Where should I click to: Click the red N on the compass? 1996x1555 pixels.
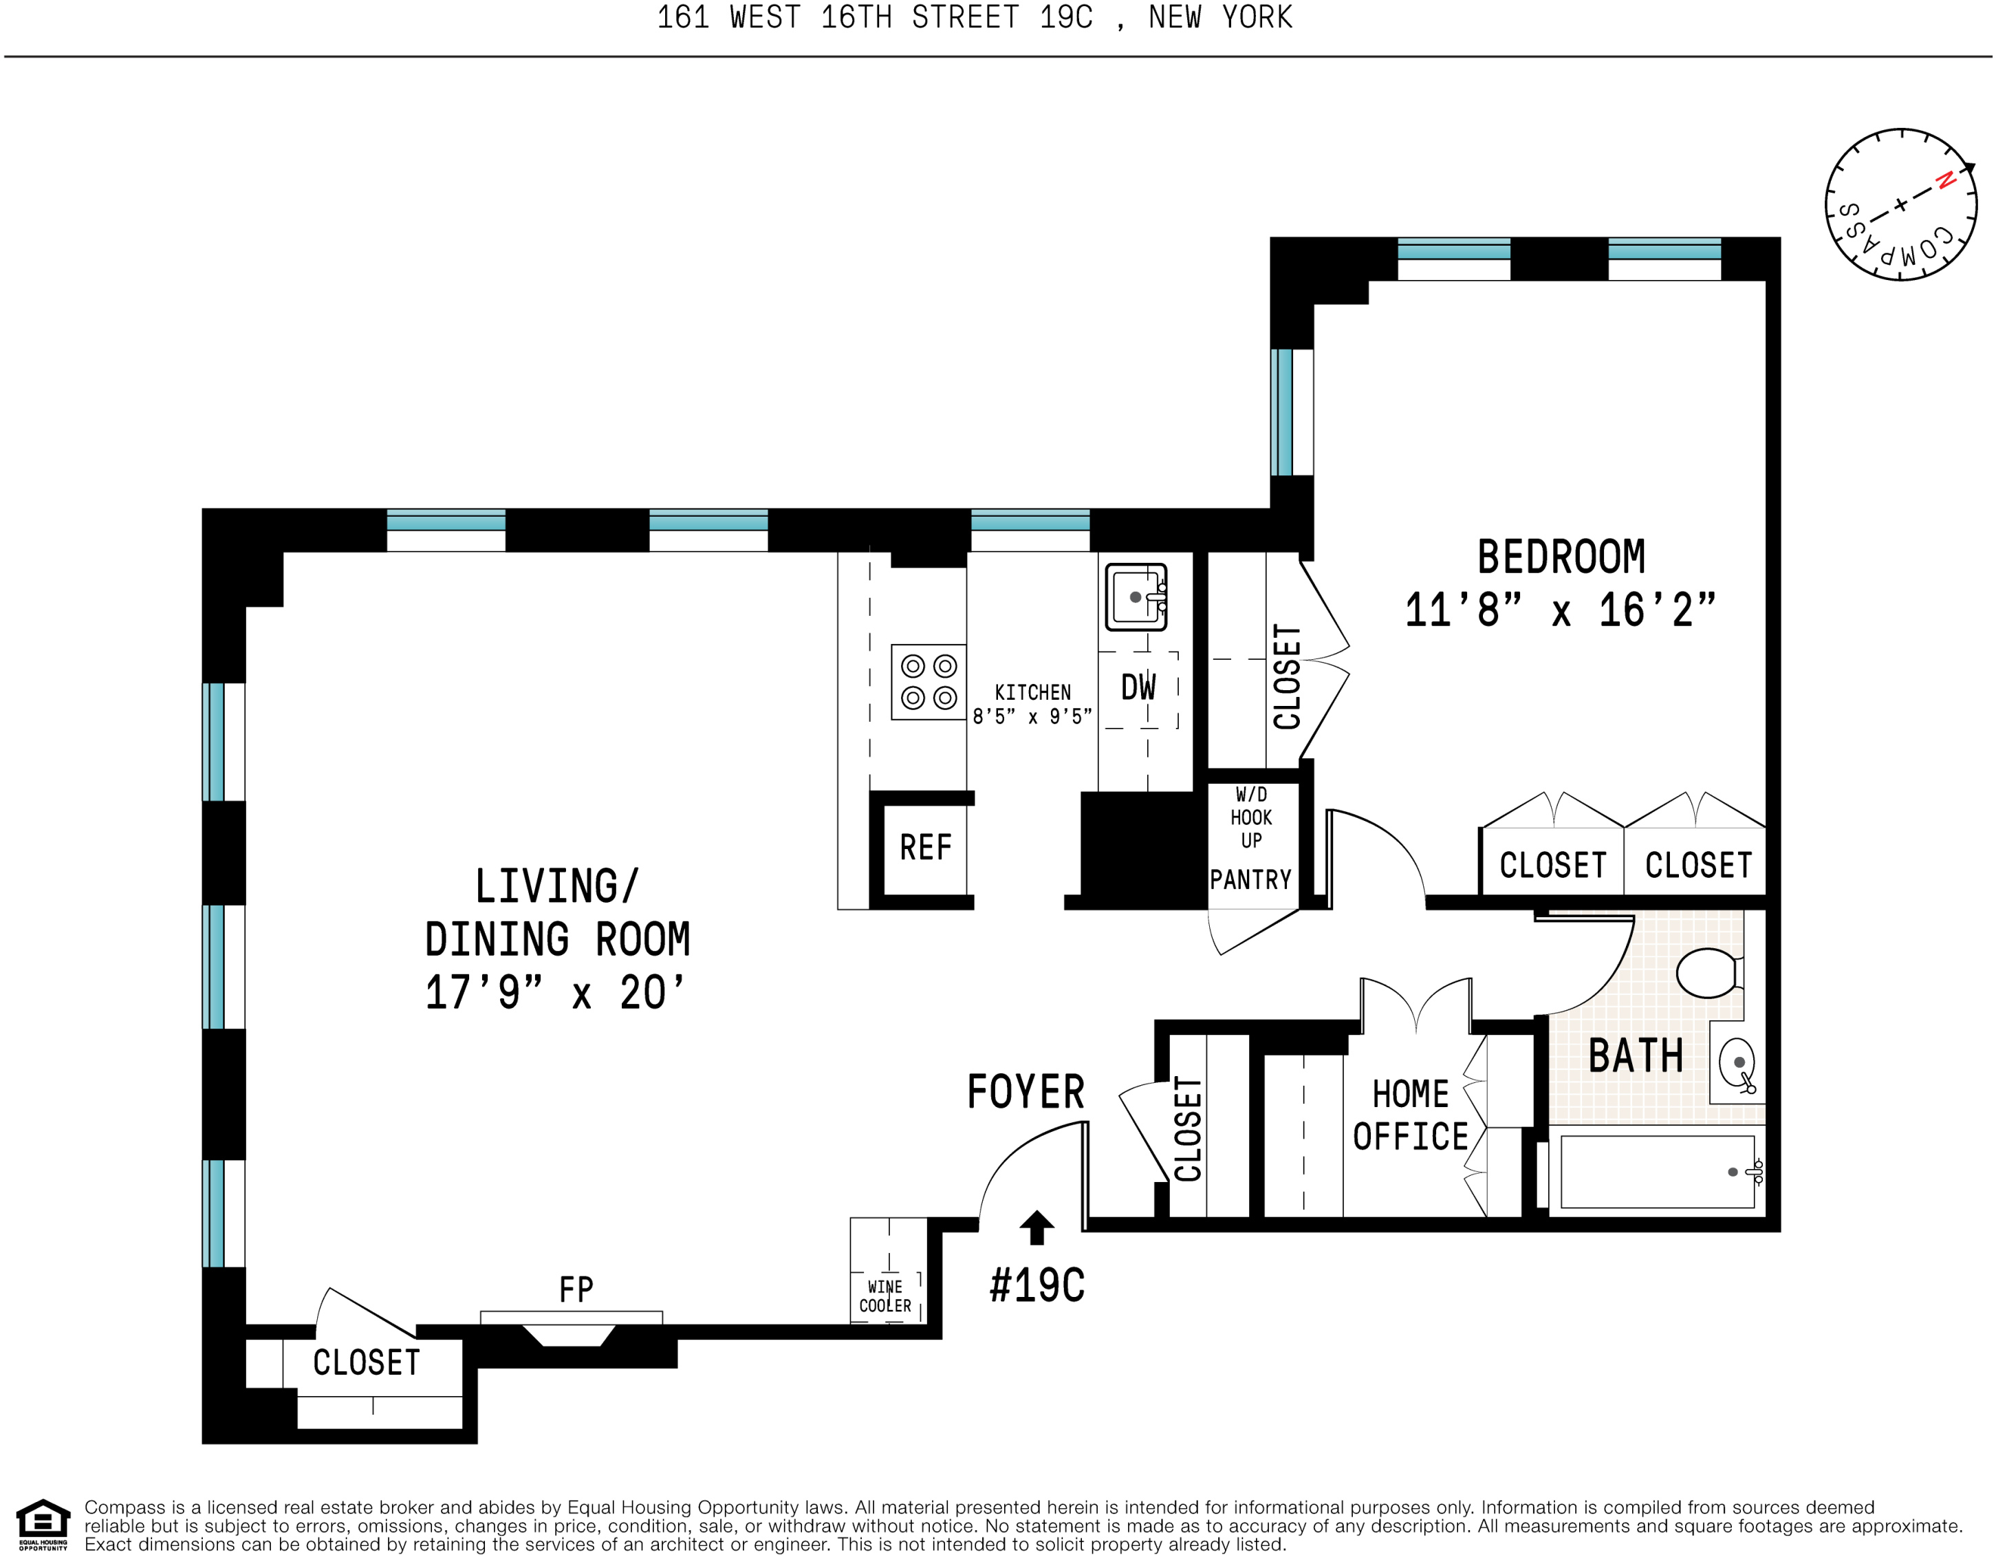[1946, 180]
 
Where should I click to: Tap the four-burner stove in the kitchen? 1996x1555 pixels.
[929, 682]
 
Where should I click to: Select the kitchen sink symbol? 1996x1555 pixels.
[1136, 597]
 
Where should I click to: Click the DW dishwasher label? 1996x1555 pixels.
[1139, 688]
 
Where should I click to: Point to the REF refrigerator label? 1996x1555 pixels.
[925, 848]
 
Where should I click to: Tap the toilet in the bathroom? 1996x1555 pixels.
[1708, 973]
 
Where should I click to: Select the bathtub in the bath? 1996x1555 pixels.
[1656, 1171]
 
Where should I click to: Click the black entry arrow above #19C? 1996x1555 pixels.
[1037, 1227]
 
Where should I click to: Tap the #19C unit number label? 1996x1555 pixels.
[1037, 1285]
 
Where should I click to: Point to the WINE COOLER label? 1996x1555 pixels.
[885, 1296]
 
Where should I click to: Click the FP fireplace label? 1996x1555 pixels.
[576, 1290]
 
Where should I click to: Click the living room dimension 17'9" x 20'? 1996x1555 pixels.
[555, 993]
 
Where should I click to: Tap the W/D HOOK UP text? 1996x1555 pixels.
[1251, 817]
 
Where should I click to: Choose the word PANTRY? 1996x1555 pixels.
[1250, 879]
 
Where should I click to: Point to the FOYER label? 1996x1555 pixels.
[1026, 1091]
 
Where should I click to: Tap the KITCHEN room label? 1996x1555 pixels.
[1032, 692]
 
